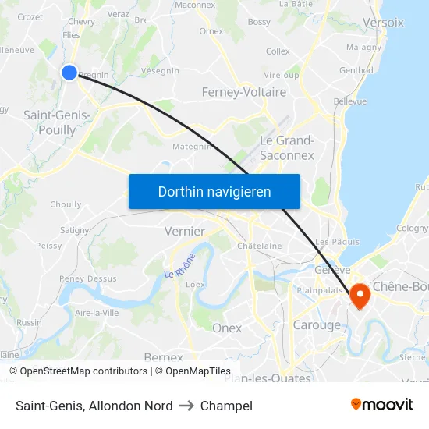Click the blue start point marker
coord(69,73)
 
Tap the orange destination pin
coord(360,295)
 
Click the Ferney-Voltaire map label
coord(243,92)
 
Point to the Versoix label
coord(384,23)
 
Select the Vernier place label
coord(185,231)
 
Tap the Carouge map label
coord(317,325)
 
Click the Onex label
coord(227,328)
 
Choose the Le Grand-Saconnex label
coord(286,147)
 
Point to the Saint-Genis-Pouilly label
coord(57,122)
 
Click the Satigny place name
coord(75,230)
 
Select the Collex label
coord(278,51)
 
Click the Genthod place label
coord(356,70)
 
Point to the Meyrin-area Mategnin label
coord(192,146)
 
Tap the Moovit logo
coord(381,405)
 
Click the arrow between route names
coord(186,406)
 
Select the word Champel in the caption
coord(226,406)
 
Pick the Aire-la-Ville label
coord(97,312)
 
